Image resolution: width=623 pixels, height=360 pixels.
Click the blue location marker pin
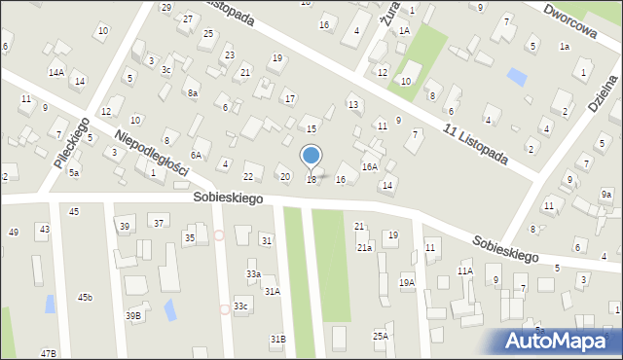(311, 157)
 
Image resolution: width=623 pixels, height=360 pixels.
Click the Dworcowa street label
(570, 18)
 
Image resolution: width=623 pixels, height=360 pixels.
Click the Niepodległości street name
(151, 153)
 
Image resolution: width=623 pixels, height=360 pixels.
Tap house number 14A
(56, 72)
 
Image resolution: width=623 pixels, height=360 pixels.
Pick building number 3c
(166, 69)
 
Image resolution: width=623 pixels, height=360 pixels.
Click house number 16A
(370, 166)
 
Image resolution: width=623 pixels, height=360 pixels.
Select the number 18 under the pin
(311, 180)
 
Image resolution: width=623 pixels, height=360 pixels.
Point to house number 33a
(253, 274)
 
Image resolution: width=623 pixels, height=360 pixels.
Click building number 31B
(278, 339)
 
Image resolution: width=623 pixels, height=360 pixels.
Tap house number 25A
(380, 336)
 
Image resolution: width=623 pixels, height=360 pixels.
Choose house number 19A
(407, 283)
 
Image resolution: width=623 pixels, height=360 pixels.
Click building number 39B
(132, 315)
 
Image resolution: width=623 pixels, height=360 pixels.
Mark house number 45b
(86, 297)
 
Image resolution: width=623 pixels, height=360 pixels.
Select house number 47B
(49, 353)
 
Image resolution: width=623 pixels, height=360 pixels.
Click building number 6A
(196, 155)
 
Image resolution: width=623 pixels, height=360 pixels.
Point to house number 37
(159, 224)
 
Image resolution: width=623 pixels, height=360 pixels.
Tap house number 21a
(363, 248)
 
